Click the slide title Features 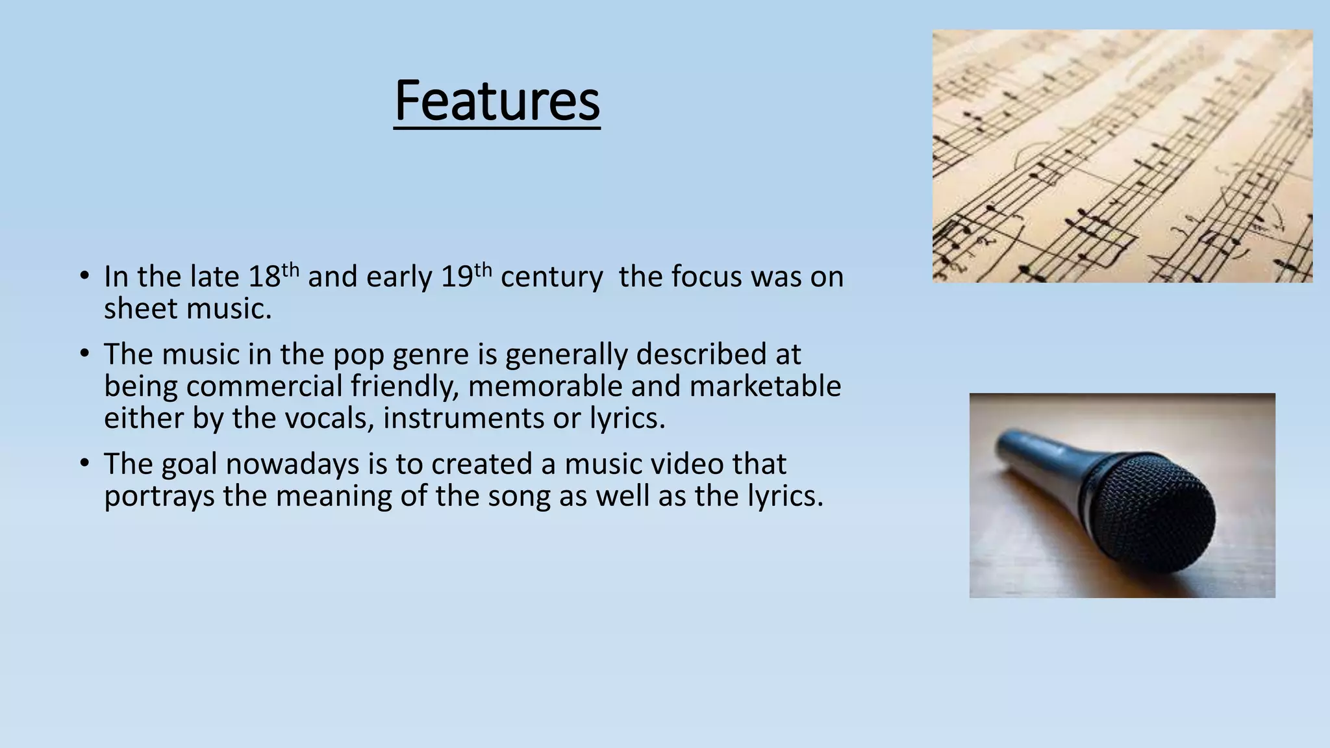[497, 101]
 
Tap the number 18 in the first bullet [264, 277]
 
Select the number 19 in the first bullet [457, 277]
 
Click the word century [551, 278]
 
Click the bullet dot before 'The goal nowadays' [84, 464]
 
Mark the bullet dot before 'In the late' [84, 276]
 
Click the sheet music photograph [1122, 156]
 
